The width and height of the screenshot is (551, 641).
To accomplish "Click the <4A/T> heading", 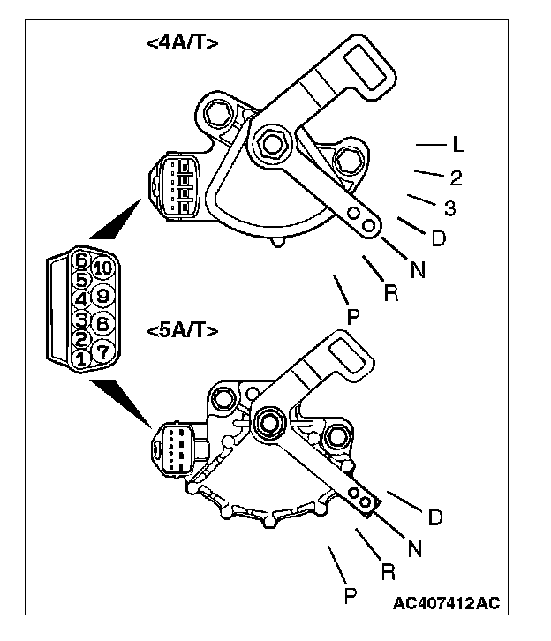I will pos(181,45).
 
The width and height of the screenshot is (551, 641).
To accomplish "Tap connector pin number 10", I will pos(102,268).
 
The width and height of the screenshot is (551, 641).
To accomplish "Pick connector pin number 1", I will pos(80,359).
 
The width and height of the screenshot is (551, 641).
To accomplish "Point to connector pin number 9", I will pos(102,296).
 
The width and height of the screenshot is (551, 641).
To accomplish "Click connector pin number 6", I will pos(80,260).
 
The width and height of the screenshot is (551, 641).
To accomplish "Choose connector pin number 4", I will pos(80,299).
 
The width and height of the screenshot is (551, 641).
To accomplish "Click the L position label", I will pos(457,144).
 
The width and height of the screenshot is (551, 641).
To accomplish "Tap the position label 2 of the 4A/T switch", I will pos(456,177).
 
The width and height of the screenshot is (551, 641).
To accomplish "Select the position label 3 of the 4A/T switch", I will pos(449,209).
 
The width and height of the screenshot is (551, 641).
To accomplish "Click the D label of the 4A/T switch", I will pos(438,238).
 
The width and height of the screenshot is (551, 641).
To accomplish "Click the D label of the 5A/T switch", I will pos(434,517).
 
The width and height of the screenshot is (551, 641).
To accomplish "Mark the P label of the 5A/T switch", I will pos(350,596).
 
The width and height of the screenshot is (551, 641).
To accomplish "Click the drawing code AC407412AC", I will pos(447,605).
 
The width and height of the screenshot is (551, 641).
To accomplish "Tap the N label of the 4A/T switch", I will pos(418,271).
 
